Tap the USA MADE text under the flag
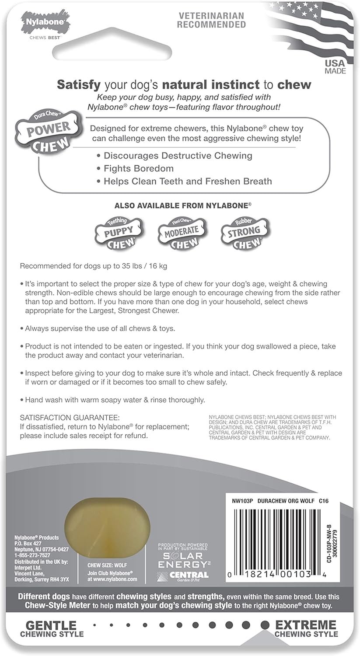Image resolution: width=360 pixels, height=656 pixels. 335,67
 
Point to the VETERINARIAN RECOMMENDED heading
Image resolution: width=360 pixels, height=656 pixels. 211,20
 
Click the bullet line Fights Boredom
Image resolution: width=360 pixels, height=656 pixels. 138,168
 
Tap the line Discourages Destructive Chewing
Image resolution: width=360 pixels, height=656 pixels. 178,155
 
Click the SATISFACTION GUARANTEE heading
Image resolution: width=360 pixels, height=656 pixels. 70,418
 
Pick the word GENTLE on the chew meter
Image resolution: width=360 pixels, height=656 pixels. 51,625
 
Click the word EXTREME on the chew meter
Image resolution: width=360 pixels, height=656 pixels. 306,625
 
